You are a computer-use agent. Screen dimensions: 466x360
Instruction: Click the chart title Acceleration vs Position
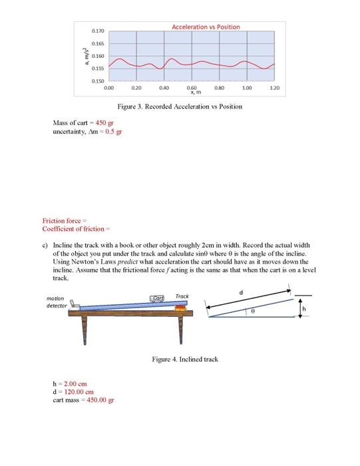point(206,27)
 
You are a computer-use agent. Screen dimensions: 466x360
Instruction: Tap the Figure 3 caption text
point(180,107)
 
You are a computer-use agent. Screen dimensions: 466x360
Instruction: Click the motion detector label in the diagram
point(57,302)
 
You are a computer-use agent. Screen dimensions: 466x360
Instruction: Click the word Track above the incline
point(182,296)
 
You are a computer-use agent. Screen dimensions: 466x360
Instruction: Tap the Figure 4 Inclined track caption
point(184,359)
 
